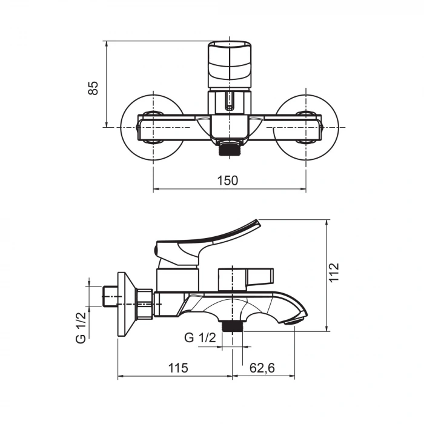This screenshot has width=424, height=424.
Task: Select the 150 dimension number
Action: [x=229, y=180]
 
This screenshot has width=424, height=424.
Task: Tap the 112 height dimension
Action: [x=334, y=273]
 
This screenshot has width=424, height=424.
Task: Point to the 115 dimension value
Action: [x=178, y=367]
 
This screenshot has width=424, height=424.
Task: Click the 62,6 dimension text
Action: [x=262, y=367]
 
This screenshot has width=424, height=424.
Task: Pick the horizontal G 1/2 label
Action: [x=200, y=338]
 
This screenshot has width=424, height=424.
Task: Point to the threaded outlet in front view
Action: [x=229, y=148]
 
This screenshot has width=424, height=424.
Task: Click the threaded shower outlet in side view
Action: [x=232, y=326]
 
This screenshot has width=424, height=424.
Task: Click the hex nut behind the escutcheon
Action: [x=145, y=303]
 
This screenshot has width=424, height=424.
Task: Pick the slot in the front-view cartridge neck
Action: [x=228, y=102]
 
